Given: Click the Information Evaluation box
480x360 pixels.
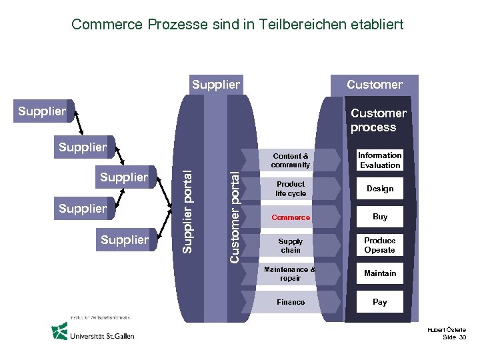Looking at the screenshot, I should (379, 160).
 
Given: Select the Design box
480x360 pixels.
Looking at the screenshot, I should (379, 189).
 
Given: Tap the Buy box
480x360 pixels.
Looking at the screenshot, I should (379, 217).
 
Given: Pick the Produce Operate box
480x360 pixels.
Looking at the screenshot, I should (379, 245).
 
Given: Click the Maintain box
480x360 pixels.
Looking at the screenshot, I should (379, 273).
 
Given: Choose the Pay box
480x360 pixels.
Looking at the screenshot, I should (379, 302).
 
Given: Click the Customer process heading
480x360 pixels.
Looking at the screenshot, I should (378, 120).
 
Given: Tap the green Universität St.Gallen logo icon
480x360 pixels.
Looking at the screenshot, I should (60, 331).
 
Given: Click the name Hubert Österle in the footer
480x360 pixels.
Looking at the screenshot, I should (448, 330).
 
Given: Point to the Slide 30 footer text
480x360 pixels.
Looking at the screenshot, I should (454, 338).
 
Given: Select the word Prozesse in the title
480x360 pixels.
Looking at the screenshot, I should (167, 25).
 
